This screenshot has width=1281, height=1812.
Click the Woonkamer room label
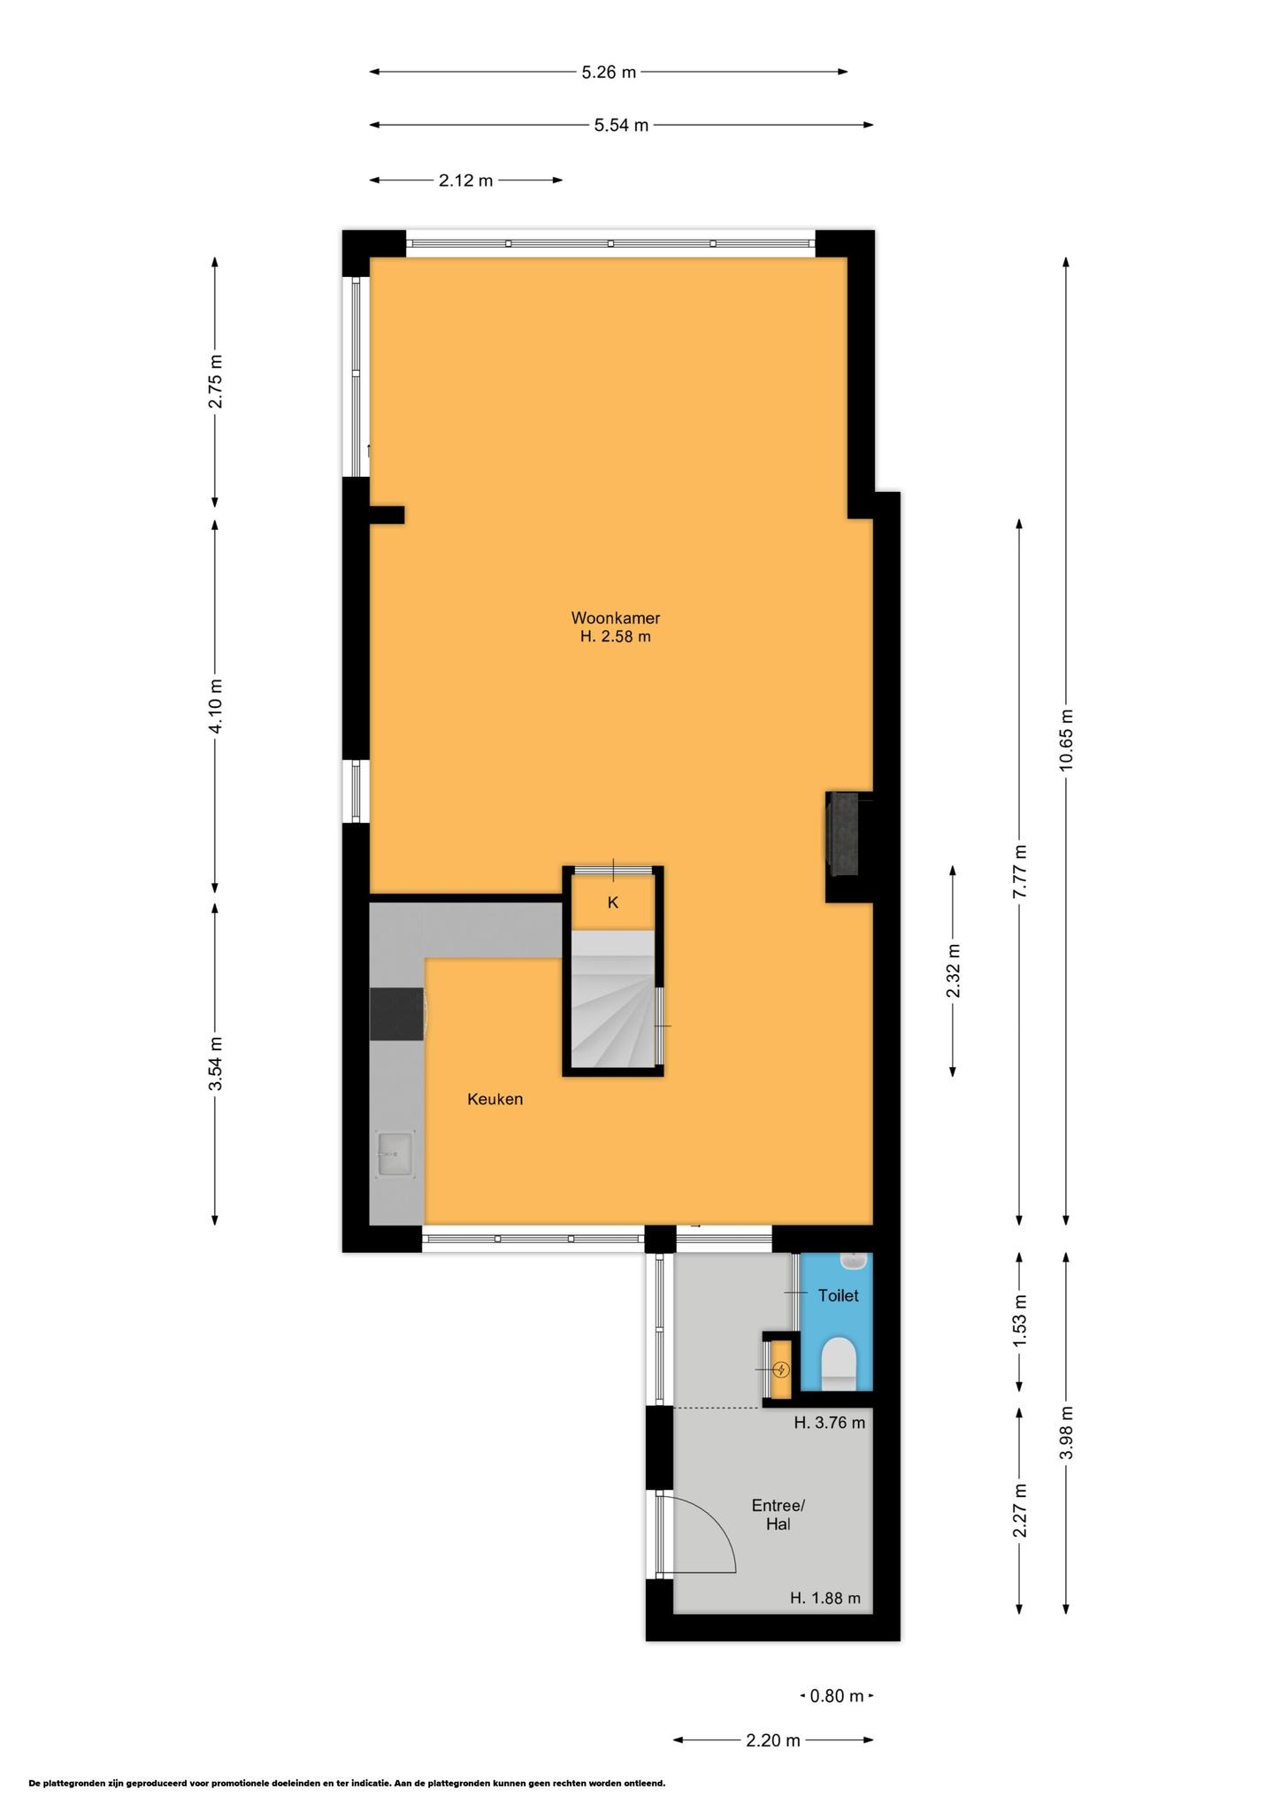(615, 618)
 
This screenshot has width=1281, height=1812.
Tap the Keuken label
(495, 1099)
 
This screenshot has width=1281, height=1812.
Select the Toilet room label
(838, 1295)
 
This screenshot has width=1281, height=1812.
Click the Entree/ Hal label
(778, 1515)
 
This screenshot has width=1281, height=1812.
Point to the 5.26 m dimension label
(609, 73)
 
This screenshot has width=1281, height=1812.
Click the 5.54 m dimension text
(621, 126)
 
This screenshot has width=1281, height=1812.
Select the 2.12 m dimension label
(466, 181)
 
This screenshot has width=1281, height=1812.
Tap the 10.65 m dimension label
(1066, 740)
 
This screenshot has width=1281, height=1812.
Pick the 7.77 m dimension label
(1020, 871)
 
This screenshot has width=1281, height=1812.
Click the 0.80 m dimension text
(837, 1696)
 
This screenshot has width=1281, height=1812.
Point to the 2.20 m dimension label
(773, 1740)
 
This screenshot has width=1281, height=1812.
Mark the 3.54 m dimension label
(215, 1063)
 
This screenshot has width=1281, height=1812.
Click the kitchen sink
(395, 1155)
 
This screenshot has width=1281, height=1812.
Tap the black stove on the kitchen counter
(398, 1014)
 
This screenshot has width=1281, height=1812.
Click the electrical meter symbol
(781, 1371)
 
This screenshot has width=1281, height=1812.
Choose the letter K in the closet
(612, 902)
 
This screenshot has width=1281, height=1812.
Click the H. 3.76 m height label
(829, 1423)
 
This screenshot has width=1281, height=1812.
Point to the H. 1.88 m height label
(825, 1598)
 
